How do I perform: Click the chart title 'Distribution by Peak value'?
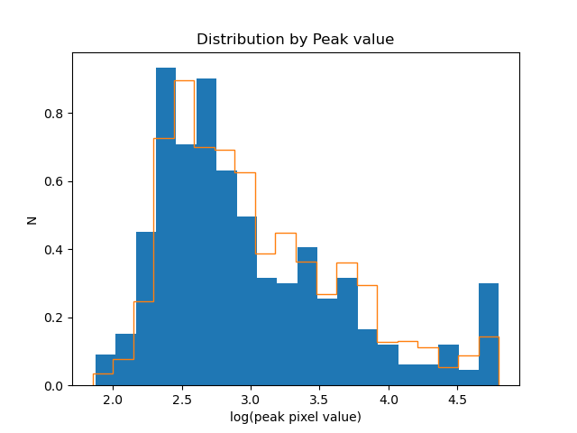[295, 40]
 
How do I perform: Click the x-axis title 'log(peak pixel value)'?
[295, 417]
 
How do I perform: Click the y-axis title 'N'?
[32, 219]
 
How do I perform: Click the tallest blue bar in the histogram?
[166, 226]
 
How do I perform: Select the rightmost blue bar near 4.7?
[489, 334]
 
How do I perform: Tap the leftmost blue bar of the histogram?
[105, 370]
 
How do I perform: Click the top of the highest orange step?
[185, 80]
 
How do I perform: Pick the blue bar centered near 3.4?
[307, 316]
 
